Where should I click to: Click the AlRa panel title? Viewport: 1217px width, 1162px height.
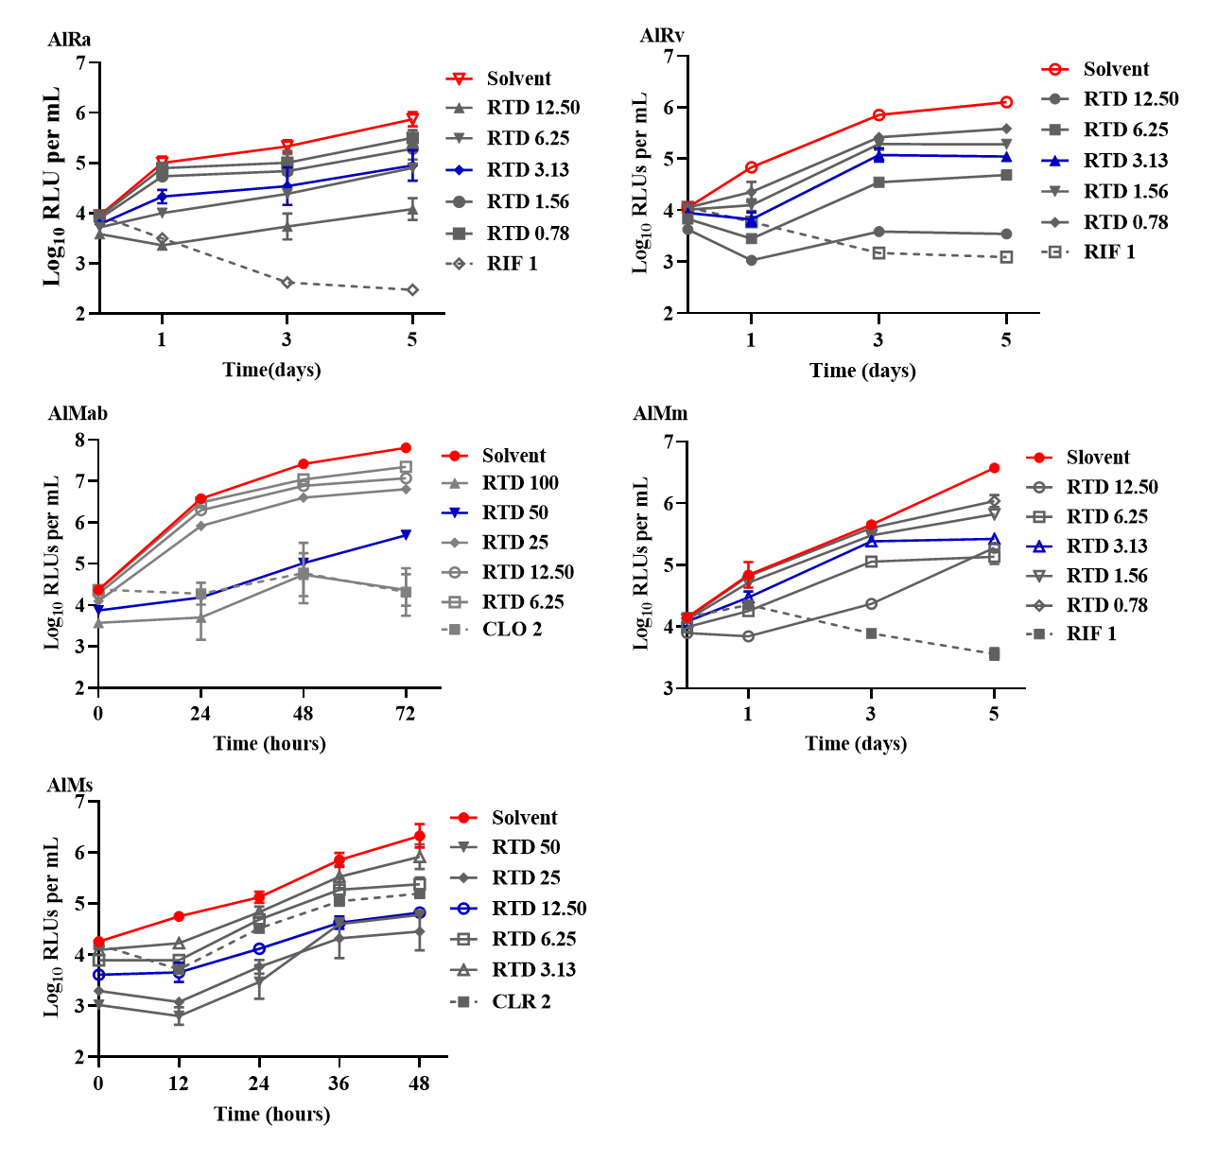(x=69, y=40)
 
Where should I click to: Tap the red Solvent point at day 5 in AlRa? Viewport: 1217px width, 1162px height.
(x=412, y=118)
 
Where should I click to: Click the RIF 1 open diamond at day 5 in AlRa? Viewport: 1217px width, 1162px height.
(x=412, y=290)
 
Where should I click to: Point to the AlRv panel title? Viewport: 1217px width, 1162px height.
(x=662, y=36)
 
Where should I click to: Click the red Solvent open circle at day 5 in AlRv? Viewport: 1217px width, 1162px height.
(x=1006, y=102)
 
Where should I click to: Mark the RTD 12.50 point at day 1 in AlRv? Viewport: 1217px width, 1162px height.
(x=751, y=260)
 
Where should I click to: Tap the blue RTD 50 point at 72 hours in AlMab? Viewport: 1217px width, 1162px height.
(x=406, y=535)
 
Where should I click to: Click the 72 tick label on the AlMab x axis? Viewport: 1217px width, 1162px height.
(x=406, y=714)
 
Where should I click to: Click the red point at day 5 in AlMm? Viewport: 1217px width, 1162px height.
(x=994, y=468)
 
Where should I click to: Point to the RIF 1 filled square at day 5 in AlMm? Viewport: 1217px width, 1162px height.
(x=994, y=654)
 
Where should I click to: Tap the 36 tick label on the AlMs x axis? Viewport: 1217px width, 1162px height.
(x=339, y=1084)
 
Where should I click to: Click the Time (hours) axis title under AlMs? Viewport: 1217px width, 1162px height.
(x=271, y=1114)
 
